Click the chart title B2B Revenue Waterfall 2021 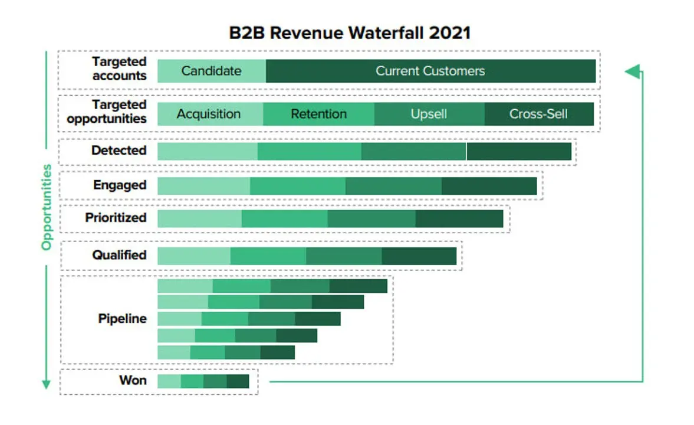click(350, 33)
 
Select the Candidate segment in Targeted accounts click(212, 71)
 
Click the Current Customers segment click(430, 71)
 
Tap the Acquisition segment click(210, 114)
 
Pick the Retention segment click(318, 114)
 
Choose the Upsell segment click(429, 114)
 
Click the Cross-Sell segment click(539, 114)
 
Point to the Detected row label click(119, 151)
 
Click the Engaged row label click(120, 185)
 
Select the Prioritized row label click(116, 218)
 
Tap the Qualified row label click(119, 255)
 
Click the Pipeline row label click(122, 319)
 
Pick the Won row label click(133, 380)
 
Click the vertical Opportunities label click(47, 207)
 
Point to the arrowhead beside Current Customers click(633, 71)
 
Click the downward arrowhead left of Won click(46, 384)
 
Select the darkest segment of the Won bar click(238, 381)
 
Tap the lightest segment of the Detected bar click(208, 152)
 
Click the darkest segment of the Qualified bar click(419, 256)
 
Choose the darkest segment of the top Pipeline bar click(358, 286)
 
